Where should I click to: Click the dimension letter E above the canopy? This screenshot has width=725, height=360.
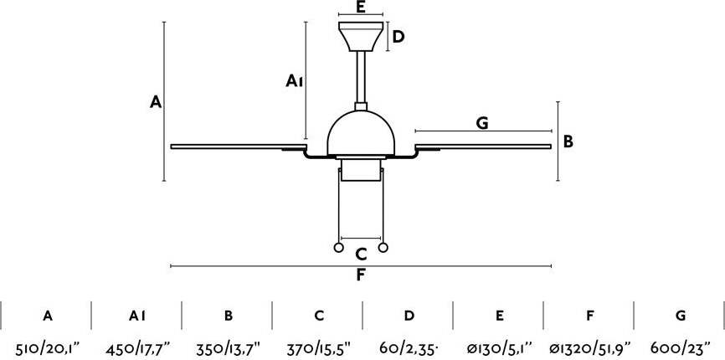[361, 7]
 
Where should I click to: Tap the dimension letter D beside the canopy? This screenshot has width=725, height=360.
[398, 37]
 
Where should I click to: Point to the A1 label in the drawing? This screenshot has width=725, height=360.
[294, 81]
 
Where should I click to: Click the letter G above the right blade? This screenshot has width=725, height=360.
[481, 123]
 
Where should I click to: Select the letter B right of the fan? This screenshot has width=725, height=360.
[568, 141]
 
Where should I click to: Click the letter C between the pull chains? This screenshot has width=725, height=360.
[361, 254]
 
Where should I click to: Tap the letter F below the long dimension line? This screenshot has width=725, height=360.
[361, 275]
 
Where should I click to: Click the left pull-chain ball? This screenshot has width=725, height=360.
[338, 248]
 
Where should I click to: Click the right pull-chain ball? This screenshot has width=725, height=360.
[383, 248]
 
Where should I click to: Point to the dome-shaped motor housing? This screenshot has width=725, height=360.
[361, 133]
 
